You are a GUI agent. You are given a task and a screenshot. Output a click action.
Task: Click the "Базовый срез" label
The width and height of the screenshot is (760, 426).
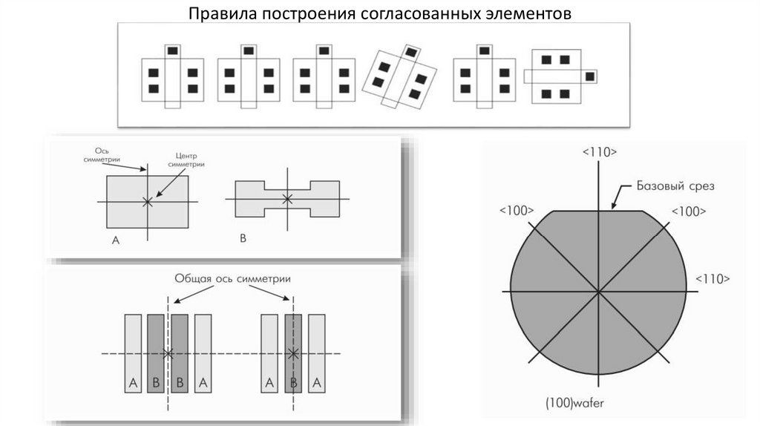coord(675,186)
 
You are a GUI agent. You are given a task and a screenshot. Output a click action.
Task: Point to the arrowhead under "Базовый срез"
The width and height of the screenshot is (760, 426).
coord(614,206)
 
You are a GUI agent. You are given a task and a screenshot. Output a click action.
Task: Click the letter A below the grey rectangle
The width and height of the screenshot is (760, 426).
coord(115,240)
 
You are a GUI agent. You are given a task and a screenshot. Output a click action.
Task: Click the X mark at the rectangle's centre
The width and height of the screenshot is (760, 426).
coord(147,201)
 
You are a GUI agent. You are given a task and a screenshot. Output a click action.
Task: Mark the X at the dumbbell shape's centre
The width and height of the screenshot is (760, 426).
coord(288,199)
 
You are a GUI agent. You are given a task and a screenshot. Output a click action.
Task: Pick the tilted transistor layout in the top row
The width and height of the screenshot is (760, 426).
coord(399,78)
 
